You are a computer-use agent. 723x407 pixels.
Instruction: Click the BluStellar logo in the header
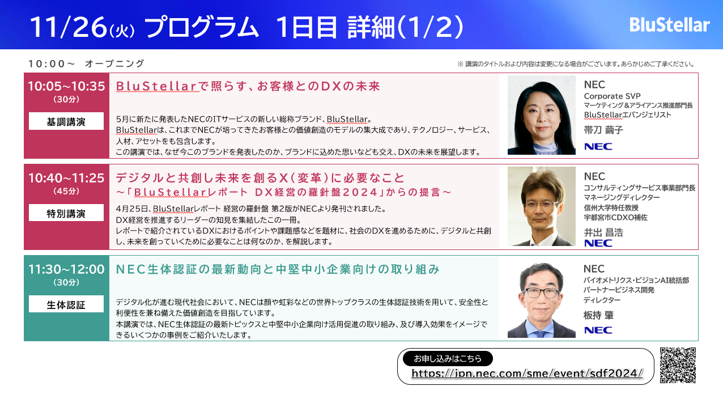tap(669, 25)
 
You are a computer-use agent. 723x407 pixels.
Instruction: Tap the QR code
tap(678, 365)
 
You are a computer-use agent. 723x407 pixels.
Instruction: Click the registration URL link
tap(527, 374)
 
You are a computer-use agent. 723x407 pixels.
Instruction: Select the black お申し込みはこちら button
tap(448, 359)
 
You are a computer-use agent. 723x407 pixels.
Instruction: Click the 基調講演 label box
tap(66, 121)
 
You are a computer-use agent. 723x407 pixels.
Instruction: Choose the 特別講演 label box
tap(66, 213)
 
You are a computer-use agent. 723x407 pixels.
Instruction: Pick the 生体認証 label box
tap(66, 304)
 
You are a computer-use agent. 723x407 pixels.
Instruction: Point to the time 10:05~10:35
tap(66, 86)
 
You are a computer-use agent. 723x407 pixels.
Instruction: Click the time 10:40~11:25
tap(66, 178)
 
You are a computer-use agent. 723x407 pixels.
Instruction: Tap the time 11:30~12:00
tap(66, 269)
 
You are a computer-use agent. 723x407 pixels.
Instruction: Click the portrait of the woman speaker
tap(541, 115)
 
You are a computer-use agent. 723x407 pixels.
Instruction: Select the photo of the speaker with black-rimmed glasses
tap(541, 300)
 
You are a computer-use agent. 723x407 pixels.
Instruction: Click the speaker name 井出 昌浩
tap(603, 232)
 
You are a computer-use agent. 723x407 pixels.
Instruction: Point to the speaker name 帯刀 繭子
tap(603, 130)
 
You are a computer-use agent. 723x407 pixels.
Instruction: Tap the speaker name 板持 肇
tap(598, 315)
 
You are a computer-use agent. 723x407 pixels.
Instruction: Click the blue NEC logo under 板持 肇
tap(598, 330)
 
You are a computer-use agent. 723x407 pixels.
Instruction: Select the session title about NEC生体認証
tap(278, 269)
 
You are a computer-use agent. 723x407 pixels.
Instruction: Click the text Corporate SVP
tap(613, 96)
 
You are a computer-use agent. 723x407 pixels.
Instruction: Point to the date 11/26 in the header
tap(68, 27)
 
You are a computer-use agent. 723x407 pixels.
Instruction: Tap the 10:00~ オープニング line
tap(86, 63)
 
